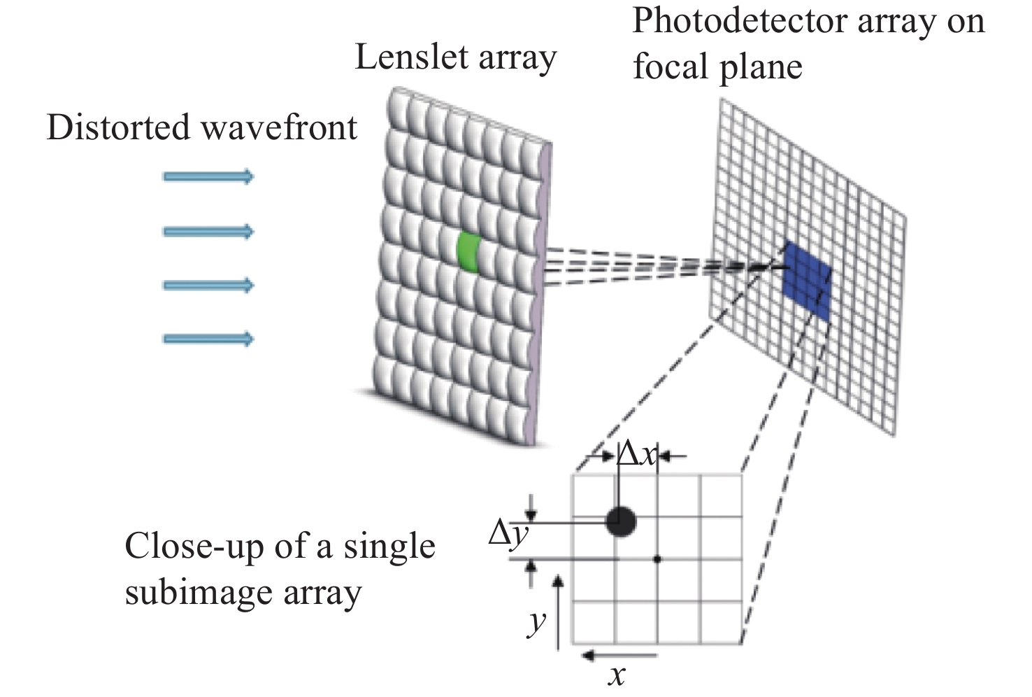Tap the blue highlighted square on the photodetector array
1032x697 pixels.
[x=807, y=281]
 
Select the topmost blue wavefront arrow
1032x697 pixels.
[x=208, y=176]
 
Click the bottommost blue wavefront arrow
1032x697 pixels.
[x=208, y=339]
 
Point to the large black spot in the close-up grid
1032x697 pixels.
[x=621, y=521]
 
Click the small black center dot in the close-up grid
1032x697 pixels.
[x=657, y=559]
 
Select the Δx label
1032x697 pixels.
[x=637, y=456]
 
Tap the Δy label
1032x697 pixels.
[x=508, y=535]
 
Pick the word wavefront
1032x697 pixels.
[x=279, y=128]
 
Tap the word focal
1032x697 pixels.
[x=671, y=67]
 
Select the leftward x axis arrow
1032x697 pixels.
[x=618, y=656]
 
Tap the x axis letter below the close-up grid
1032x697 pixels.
[x=617, y=676]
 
